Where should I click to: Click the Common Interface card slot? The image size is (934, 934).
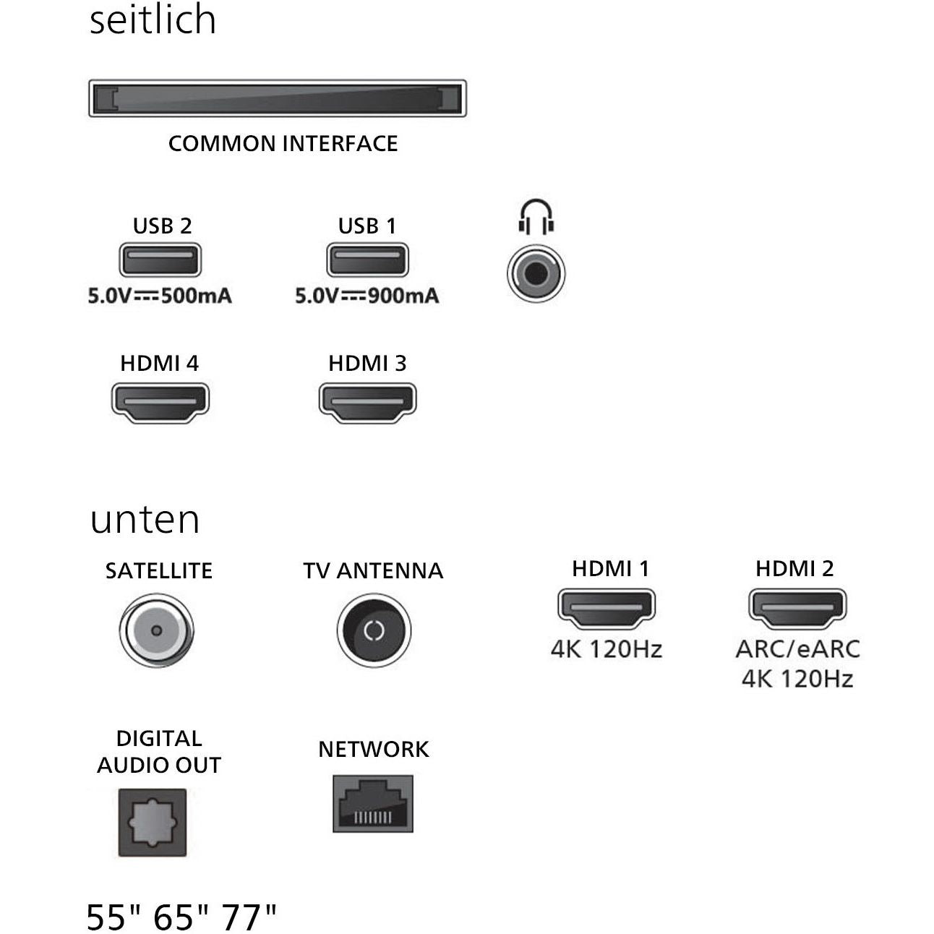[x=277, y=98]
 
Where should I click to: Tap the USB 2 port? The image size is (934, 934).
[x=160, y=260]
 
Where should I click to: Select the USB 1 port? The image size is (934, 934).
[x=367, y=260]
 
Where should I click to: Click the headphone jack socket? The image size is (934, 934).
[x=536, y=274]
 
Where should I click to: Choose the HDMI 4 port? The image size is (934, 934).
[x=160, y=401]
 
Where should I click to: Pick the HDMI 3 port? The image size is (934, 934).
[x=367, y=401]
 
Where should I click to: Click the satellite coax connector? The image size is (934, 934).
[x=156, y=630]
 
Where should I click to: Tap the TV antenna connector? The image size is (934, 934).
[x=374, y=630]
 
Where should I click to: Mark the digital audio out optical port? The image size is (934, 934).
[x=153, y=823]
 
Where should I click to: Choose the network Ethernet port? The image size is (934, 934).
[x=373, y=804]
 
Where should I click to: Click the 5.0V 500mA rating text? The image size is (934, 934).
[x=160, y=296]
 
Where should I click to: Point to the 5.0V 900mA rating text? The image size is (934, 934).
[x=367, y=296]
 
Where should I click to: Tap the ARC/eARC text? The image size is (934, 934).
[x=797, y=648]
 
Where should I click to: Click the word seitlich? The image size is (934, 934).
[x=153, y=20]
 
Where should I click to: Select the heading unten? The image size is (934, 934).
[x=145, y=519]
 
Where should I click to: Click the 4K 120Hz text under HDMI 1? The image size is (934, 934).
[x=606, y=648]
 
